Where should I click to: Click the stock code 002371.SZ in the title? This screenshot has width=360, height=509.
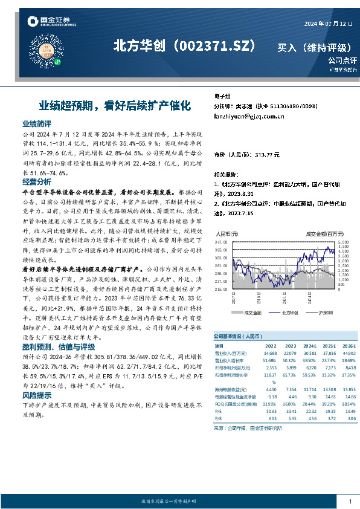coord(218,47)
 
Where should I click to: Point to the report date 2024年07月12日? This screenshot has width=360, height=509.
coord(328,24)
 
